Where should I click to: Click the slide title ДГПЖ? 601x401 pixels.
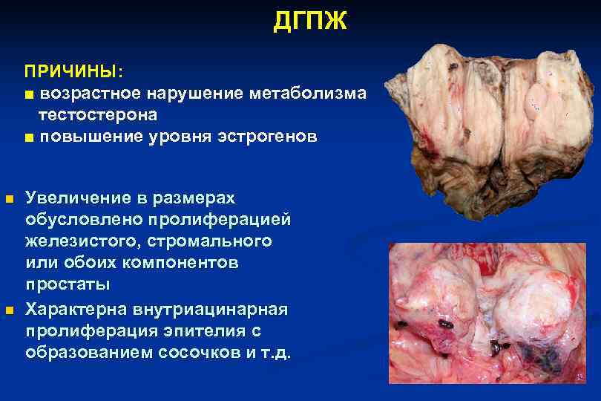click(x=309, y=22)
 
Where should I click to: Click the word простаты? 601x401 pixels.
click(x=68, y=284)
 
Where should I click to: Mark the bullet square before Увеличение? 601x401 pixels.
click(x=9, y=199)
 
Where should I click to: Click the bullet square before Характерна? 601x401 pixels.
click(x=9, y=308)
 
